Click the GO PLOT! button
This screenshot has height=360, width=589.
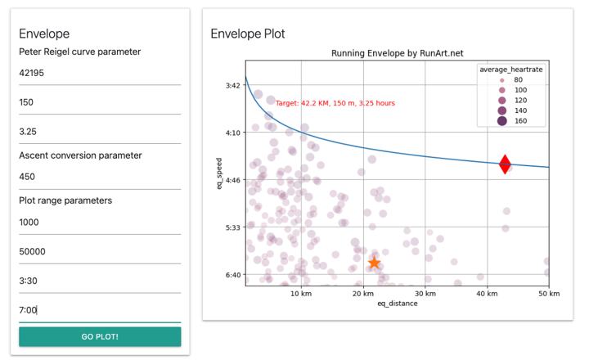tap(100, 336)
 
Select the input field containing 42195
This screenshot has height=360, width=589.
tap(100, 73)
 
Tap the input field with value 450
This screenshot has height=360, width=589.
tap(100, 177)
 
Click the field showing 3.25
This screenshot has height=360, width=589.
tap(100, 132)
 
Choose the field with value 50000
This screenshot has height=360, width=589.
tap(100, 251)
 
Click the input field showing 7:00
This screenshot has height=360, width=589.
tap(100, 310)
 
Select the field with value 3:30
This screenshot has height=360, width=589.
tap(100, 281)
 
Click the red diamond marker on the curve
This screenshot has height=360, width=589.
tap(505, 164)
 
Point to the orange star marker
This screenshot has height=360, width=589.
tap(374, 263)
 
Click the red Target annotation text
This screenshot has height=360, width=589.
tap(335, 103)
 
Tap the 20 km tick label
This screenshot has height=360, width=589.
tap(363, 294)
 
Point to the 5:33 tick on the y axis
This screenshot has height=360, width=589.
tap(233, 227)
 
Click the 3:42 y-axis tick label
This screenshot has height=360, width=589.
tap(233, 85)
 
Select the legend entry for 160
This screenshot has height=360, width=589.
tap(512, 120)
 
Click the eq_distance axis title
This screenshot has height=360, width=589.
tap(398, 304)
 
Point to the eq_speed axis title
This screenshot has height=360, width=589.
tap(219, 173)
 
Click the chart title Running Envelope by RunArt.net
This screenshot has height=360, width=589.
tap(398, 53)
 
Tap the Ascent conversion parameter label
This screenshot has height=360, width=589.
tap(80, 155)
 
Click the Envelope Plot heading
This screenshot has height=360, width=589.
tap(248, 34)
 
